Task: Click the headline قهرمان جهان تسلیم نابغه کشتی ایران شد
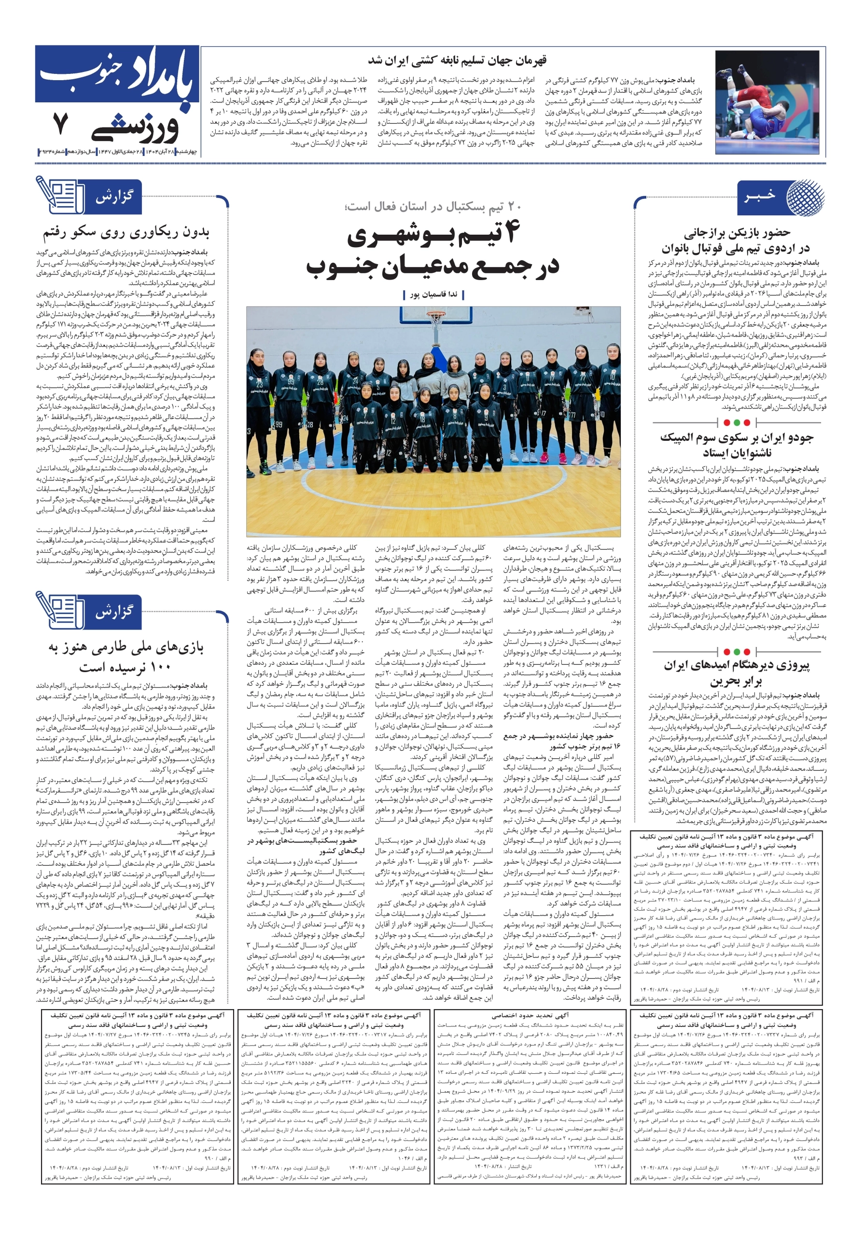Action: click(x=457, y=60)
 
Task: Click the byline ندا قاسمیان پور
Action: click(x=433, y=295)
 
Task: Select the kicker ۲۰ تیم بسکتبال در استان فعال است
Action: click(x=433, y=206)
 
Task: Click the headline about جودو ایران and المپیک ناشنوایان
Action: click(x=736, y=445)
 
